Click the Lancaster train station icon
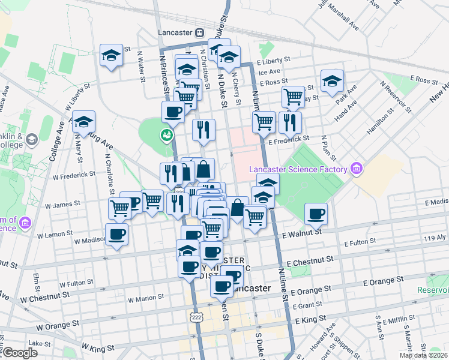[x=200, y=32]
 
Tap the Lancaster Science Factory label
[x=299, y=170]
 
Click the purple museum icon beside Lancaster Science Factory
[x=357, y=168]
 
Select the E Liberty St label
[x=273, y=61]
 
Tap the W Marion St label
[x=146, y=297]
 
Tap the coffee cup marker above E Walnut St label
[x=316, y=214]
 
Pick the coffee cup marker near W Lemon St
[x=117, y=234]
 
